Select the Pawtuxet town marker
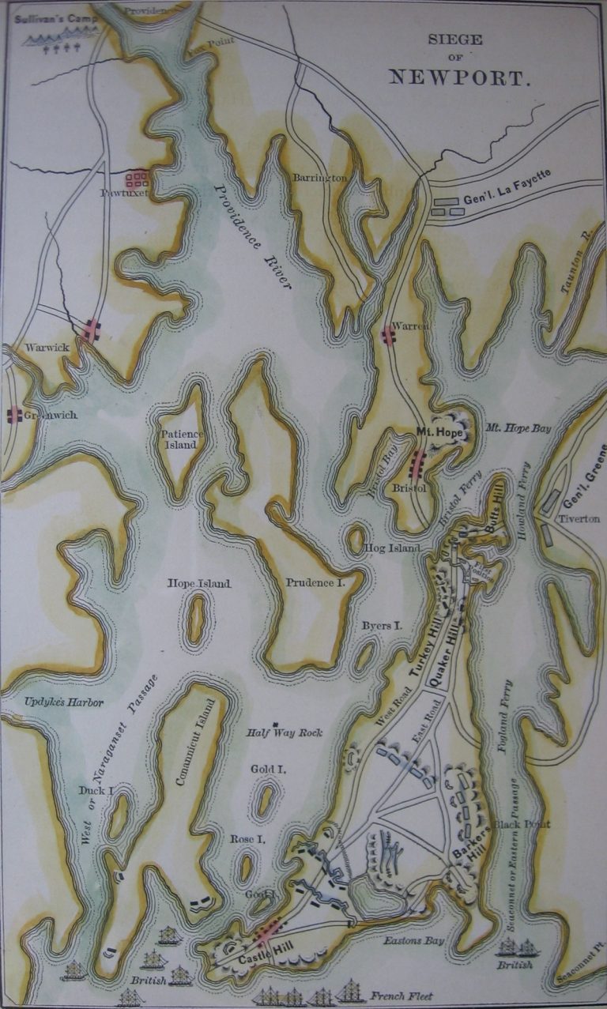(x=137, y=178)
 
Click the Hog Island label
(x=391, y=547)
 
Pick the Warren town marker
(x=388, y=336)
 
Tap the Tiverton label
(x=579, y=518)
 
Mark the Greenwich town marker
(x=14, y=415)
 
